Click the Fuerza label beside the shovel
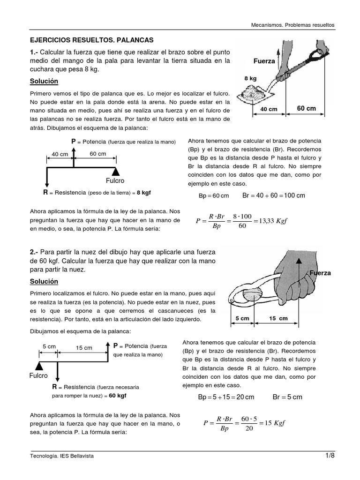(x=264, y=61)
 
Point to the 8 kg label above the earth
(x=250, y=79)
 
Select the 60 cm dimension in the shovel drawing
(x=307, y=108)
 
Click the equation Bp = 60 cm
(x=214, y=195)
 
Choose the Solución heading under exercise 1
(x=44, y=82)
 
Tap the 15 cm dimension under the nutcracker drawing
(x=278, y=318)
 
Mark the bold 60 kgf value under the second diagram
(x=117, y=395)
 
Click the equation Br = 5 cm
(x=287, y=397)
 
